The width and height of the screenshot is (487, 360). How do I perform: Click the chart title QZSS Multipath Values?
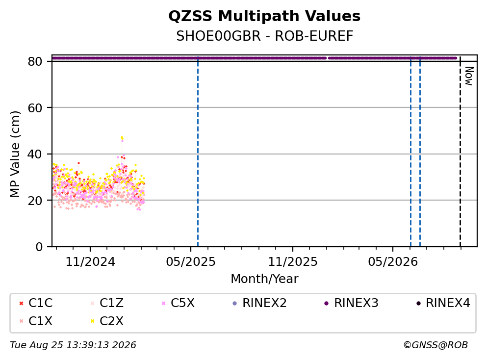tap(264, 16)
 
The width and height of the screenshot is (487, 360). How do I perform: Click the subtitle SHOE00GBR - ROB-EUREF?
tap(265, 36)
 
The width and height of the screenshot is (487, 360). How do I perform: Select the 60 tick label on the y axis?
tap(35, 108)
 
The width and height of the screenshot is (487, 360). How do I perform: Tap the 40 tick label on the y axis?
tap(35, 154)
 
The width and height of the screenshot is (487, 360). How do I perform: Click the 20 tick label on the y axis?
tap(35, 200)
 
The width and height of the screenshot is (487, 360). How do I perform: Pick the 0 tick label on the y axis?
tap(39, 247)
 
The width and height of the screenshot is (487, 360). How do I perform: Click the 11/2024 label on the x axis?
tap(90, 262)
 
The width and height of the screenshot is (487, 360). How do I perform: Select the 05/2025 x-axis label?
tap(190, 262)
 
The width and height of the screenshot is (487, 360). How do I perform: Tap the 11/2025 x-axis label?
tap(293, 262)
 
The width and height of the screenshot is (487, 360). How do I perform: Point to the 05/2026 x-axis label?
tap(393, 262)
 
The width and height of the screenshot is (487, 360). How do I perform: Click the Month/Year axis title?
tap(264, 279)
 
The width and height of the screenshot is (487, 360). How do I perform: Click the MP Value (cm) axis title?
tap(15, 154)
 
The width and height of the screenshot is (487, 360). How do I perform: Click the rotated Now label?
tap(469, 76)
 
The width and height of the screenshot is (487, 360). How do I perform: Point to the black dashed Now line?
tap(460, 152)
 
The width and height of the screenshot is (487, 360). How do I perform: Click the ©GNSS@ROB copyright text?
tap(436, 345)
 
